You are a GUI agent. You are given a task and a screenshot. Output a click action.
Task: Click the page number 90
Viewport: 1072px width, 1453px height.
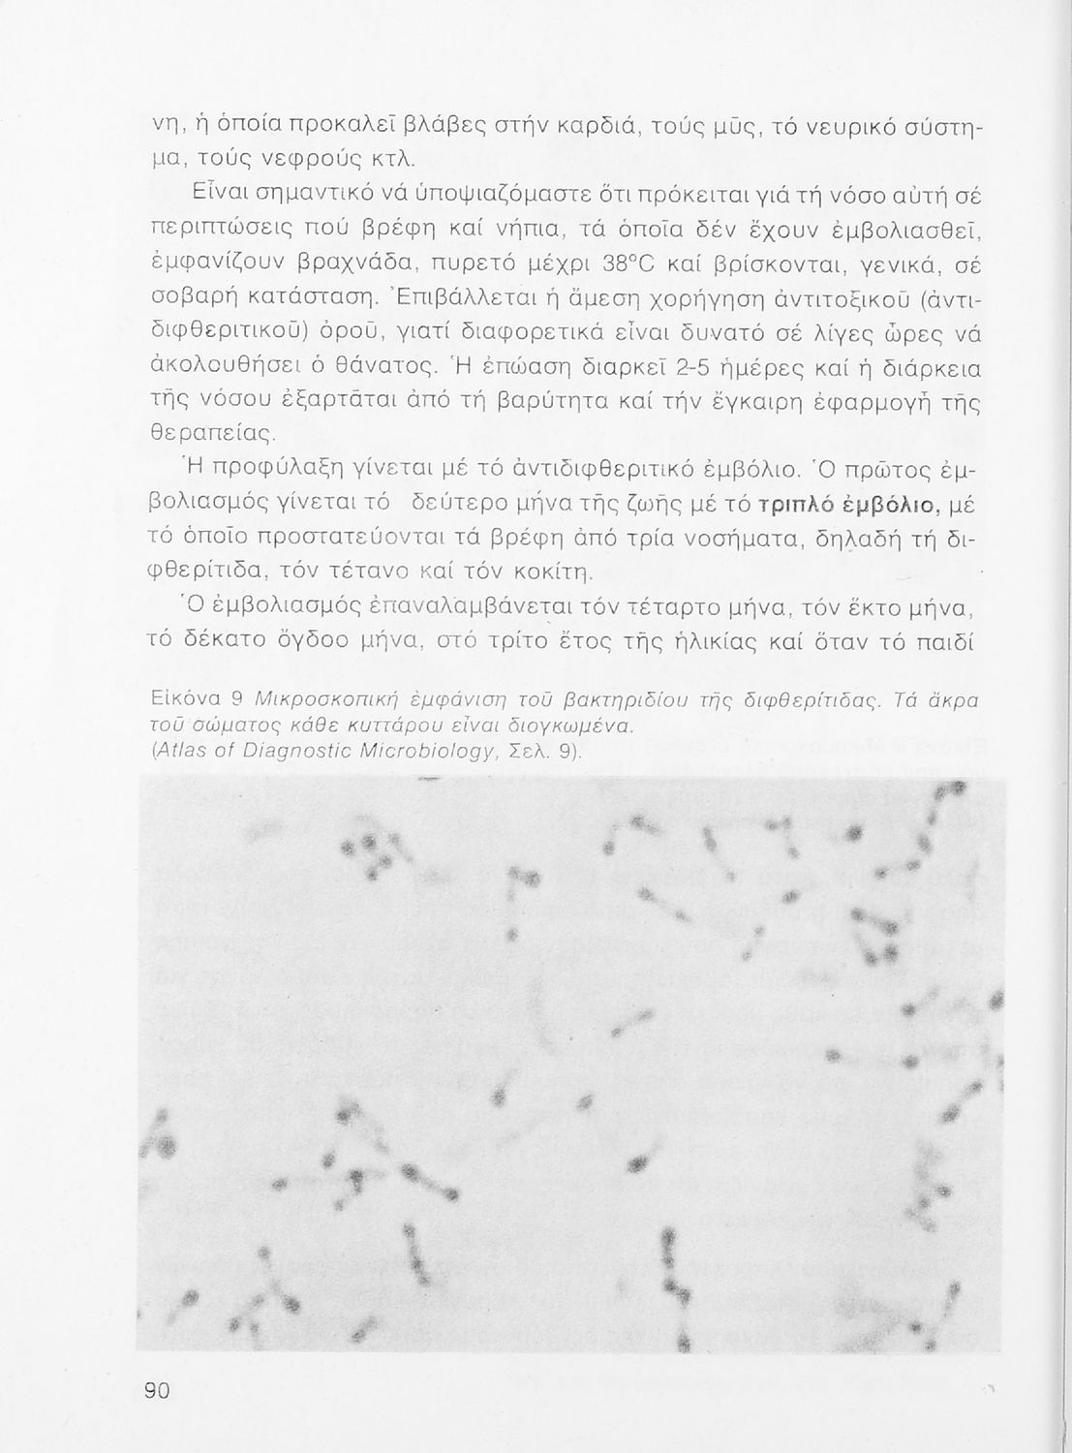pos(157,1390)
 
